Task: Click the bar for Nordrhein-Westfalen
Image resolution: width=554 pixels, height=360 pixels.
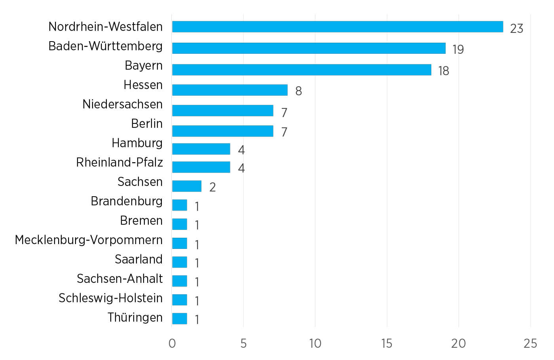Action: [x=338, y=27]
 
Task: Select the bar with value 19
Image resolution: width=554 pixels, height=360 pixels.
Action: [x=309, y=48]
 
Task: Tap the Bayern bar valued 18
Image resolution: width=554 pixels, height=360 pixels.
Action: [x=302, y=70]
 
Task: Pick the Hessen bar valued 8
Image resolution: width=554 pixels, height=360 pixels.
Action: [x=230, y=90]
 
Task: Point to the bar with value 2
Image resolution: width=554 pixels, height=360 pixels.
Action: [x=187, y=186]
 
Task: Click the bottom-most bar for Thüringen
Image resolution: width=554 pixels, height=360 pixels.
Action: [x=180, y=318]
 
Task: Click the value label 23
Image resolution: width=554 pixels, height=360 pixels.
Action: [x=516, y=28]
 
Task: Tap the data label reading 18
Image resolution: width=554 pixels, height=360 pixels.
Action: [x=444, y=71]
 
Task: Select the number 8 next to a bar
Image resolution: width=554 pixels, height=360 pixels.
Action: [x=298, y=91]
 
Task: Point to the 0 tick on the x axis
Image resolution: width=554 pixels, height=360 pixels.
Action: [x=172, y=343]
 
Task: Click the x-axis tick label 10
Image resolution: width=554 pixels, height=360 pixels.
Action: [x=315, y=343]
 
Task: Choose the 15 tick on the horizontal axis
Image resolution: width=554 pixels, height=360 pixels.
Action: [x=387, y=343]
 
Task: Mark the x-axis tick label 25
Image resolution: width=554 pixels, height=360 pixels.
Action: [x=530, y=343]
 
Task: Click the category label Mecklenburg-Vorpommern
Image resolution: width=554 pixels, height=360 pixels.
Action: [x=89, y=240]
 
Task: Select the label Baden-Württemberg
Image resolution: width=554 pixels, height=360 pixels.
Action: [x=105, y=46]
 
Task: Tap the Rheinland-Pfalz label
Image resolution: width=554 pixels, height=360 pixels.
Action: [x=119, y=162]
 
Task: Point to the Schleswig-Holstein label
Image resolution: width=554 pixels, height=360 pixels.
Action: [x=110, y=298]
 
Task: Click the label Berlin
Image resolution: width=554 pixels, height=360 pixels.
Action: [x=147, y=123]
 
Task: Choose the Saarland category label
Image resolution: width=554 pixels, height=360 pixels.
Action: [x=138, y=259]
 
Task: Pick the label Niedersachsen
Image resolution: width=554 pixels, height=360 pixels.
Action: [x=122, y=104]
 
